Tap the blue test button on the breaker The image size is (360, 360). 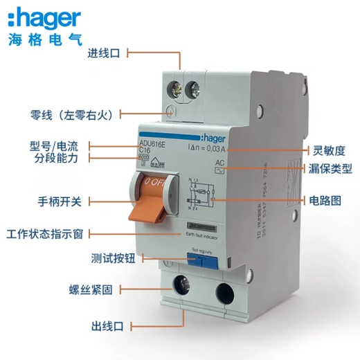click(199, 260)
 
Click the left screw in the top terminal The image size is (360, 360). click(173, 89)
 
